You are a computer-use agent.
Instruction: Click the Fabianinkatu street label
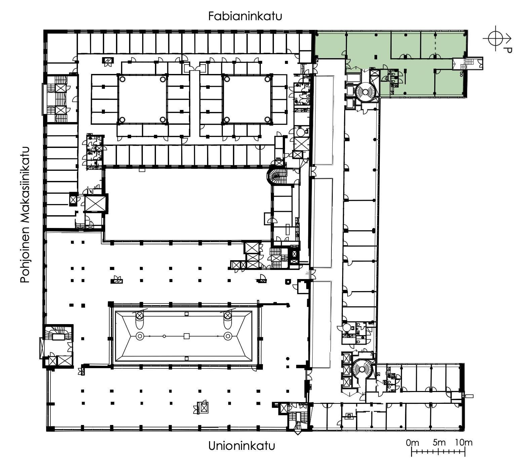point(245,16)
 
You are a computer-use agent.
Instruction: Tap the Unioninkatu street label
point(241,446)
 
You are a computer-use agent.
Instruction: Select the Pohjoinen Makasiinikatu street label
point(25,215)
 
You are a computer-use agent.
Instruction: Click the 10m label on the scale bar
point(464,442)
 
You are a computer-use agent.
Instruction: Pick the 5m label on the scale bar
point(439,442)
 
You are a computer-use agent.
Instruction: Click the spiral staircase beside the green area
point(365,92)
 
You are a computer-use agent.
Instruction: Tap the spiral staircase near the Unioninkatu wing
point(362,369)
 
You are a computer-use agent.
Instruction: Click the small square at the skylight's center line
point(187,336)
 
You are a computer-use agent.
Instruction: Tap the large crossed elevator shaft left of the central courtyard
point(95,203)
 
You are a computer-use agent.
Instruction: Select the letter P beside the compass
point(509,50)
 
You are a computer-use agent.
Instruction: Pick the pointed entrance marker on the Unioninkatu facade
point(297,433)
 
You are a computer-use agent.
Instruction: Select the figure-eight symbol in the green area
point(462,74)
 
